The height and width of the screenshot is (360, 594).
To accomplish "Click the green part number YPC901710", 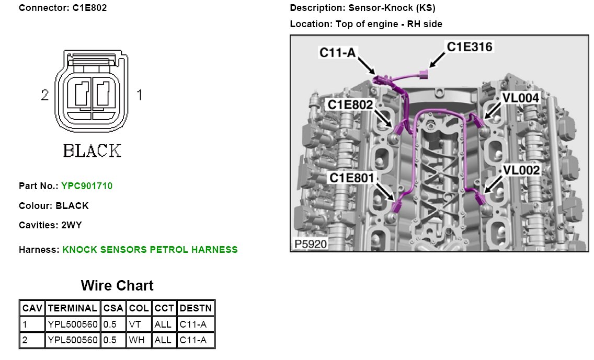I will (87, 186).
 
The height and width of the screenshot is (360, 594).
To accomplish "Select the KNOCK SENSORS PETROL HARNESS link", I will (150, 250).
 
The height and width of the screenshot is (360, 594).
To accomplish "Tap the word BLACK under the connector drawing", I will (92, 151).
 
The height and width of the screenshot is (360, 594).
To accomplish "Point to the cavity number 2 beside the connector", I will (45, 95).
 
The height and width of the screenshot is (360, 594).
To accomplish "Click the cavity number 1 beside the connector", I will (139, 95).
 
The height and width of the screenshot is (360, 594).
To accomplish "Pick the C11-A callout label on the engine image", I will (338, 52).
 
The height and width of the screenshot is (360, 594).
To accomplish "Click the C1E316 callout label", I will (469, 47).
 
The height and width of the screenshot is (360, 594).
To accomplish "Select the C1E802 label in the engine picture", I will (350, 104).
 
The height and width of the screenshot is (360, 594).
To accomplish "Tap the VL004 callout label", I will (520, 98).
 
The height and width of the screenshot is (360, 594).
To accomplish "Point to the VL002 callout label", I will (521, 170).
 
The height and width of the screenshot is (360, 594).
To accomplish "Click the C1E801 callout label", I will (351, 178).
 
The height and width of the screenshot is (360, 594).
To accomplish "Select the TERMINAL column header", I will (72, 308).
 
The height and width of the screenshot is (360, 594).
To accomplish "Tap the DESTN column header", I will (196, 308).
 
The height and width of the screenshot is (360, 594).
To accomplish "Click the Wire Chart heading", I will (117, 286).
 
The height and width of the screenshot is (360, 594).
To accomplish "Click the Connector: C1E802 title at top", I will (63, 8).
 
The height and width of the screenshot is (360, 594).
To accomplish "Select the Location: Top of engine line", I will (365, 24).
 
